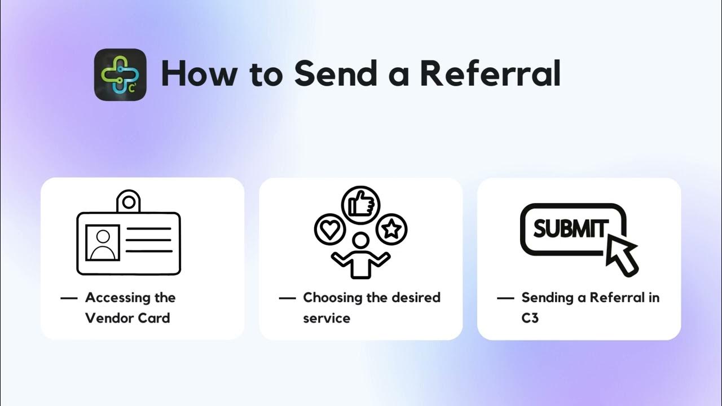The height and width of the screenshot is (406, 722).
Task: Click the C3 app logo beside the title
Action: (120, 74)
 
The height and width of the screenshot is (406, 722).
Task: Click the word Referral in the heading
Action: (491, 74)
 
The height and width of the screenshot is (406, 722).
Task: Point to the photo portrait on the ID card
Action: (103, 242)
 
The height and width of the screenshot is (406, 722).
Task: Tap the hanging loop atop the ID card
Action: (129, 201)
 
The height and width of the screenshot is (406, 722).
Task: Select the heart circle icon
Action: (329, 229)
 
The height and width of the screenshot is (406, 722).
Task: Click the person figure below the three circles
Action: (360, 257)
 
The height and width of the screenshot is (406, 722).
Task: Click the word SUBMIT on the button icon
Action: (569, 229)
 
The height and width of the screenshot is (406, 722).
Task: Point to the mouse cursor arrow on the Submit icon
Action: (620, 253)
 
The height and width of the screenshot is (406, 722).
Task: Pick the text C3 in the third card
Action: (530, 318)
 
